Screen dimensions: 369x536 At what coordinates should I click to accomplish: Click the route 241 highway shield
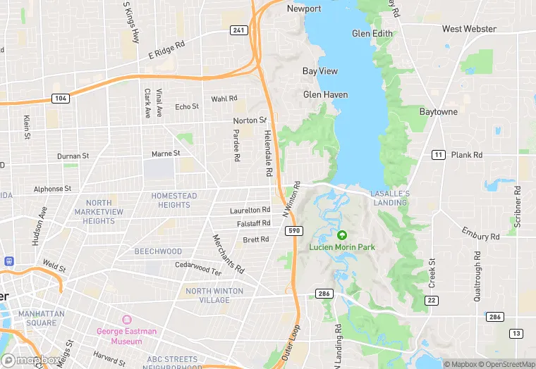tap(238, 30)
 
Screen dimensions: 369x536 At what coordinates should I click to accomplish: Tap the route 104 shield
tap(61, 98)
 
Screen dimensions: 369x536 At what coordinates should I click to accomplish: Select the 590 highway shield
tap(293, 230)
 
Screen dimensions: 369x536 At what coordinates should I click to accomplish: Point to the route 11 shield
tap(438, 155)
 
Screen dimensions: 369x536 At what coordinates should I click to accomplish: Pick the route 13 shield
tap(517, 333)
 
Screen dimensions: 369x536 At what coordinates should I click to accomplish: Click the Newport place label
tap(304, 9)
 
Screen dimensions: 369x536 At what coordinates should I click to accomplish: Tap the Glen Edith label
tap(371, 33)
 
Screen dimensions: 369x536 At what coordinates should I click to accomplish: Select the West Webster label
tap(469, 29)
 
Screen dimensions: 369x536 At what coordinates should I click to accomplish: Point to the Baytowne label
tap(438, 112)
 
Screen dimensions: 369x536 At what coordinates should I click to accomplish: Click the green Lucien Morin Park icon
tap(342, 235)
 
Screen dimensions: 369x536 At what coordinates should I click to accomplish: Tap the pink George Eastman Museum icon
tap(128, 320)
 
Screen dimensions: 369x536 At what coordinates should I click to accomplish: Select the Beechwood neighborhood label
tap(158, 251)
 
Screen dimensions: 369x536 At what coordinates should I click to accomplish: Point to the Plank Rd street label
tap(467, 155)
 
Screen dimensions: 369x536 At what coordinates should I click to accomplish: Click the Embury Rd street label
tap(480, 232)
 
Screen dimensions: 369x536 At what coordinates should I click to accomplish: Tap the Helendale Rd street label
tap(268, 152)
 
